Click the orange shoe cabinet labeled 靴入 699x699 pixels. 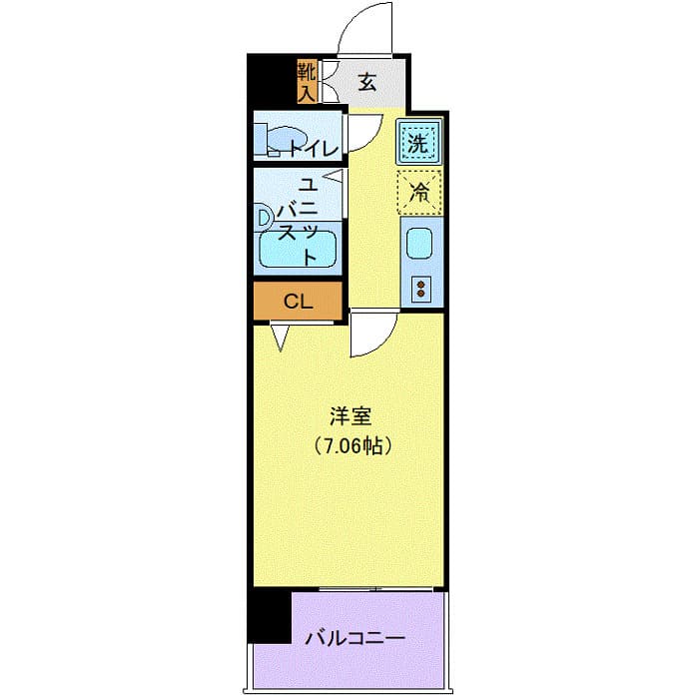[306, 82]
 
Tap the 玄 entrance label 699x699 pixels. [366, 83]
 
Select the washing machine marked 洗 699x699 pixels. [418, 142]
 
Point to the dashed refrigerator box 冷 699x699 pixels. [418, 192]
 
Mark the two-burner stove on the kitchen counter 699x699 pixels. [419, 290]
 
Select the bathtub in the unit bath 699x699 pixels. [297, 249]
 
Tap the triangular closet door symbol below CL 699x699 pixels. [281, 340]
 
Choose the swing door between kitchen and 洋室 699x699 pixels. [372, 334]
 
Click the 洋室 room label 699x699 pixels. [348, 413]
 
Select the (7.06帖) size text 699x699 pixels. [348, 445]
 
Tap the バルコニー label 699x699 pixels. [354, 636]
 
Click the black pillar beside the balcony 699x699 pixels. [268, 616]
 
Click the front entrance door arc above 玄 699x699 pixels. [371, 32]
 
